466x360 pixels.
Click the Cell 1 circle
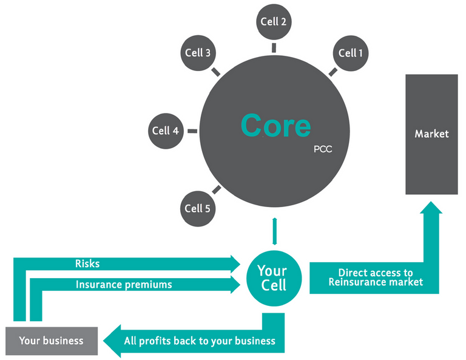[x=351, y=53]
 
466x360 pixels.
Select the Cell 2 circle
[x=274, y=22]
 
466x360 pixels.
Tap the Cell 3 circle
[x=197, y=53]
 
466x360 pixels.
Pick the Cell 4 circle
[x=165, y=130]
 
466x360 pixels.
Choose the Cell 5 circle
[x=197, y=208]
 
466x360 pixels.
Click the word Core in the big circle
[x=275, y=126]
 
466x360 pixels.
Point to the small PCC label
[x=323, y=148]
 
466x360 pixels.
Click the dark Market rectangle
[x=431, y=134]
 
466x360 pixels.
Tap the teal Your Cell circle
[x=272, y=277]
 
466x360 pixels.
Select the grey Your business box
[x=51, y=340]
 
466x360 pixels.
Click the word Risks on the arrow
[x=87, y=264]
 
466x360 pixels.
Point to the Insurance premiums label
[x=124, y=284]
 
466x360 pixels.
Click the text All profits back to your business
[x=200, y=341]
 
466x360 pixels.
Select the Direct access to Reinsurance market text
[x=376, y=277]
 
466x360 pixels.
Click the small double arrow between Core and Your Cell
[x=274, y=231]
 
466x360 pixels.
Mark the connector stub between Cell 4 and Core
[x=192, y=130]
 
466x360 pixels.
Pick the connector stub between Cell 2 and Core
[x=274, y=47]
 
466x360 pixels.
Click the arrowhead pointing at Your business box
[x=110, y=340]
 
